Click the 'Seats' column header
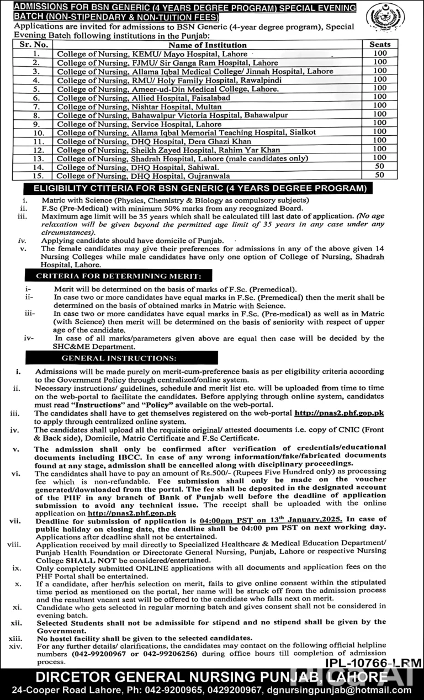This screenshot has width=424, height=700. click(380, 45)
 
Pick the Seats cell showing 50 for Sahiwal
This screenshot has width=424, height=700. click(380, 166)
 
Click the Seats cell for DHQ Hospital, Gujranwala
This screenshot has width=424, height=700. click(380, 175)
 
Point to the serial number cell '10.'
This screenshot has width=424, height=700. click(35, 131)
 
